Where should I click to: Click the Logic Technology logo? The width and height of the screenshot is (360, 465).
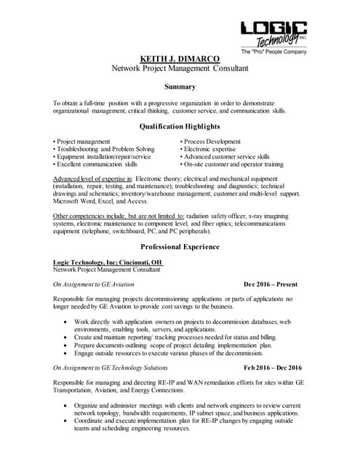point(273,34)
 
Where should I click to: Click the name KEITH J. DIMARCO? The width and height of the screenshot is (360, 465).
point(180,59)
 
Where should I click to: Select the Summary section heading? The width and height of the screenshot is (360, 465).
point(180,86)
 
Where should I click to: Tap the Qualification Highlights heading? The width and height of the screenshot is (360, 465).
point(180,126)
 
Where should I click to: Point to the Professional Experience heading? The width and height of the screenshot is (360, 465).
point(180,246)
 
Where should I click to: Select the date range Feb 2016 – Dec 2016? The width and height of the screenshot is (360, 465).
point(273,368)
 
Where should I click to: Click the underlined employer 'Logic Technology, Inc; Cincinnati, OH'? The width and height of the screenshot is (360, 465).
point(108,262)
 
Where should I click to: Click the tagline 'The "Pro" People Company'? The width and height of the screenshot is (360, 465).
point(273,52)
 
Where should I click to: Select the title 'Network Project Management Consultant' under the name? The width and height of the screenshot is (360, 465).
point(180,68)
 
